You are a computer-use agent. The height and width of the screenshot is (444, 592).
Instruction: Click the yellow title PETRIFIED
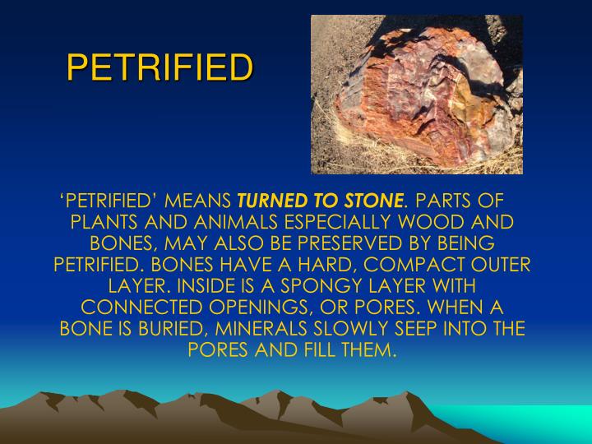(158, 68)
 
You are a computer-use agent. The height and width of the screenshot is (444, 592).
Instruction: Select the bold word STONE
(377, 201)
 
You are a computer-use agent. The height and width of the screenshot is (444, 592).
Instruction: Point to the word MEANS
(199, 201)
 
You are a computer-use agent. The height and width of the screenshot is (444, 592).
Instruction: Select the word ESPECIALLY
(328, 223)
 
